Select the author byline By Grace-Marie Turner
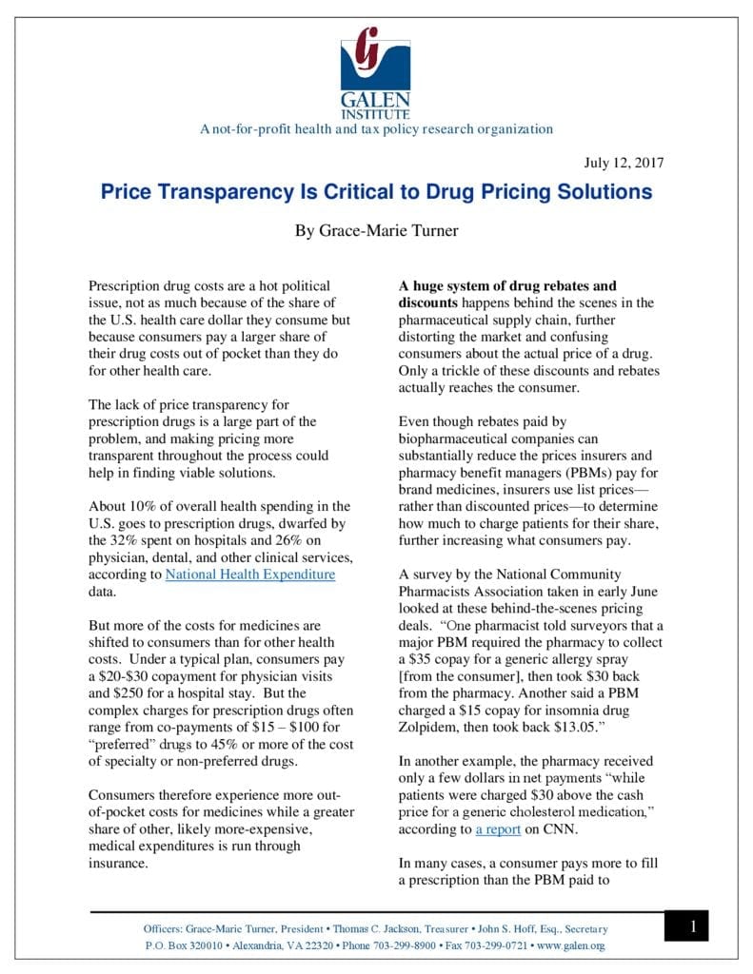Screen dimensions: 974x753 point(376,229)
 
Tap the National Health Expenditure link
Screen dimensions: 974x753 point(250,575)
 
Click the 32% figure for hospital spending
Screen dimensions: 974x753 point(135,540)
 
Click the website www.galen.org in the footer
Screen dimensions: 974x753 point(570,945)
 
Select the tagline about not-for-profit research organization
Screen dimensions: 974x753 point(376,129)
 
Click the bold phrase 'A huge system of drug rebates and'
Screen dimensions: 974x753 point(507,285)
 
